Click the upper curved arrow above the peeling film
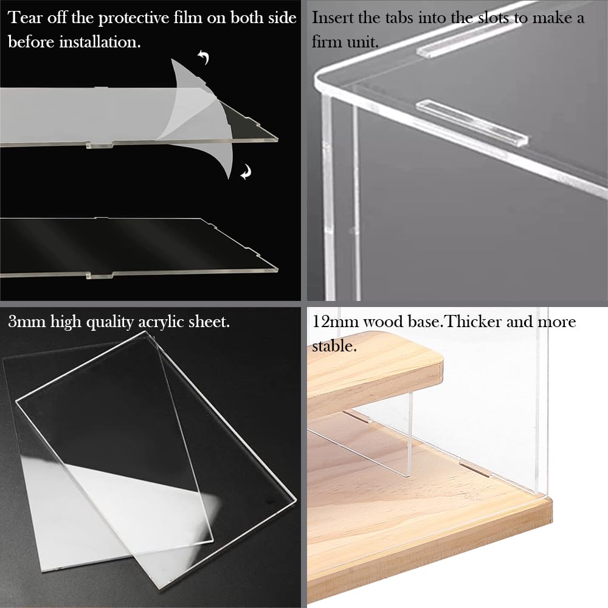coord(204,57)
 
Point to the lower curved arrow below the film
coord(246,172)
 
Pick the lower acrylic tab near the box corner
coord(472,123)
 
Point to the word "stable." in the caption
coord(334,346)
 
